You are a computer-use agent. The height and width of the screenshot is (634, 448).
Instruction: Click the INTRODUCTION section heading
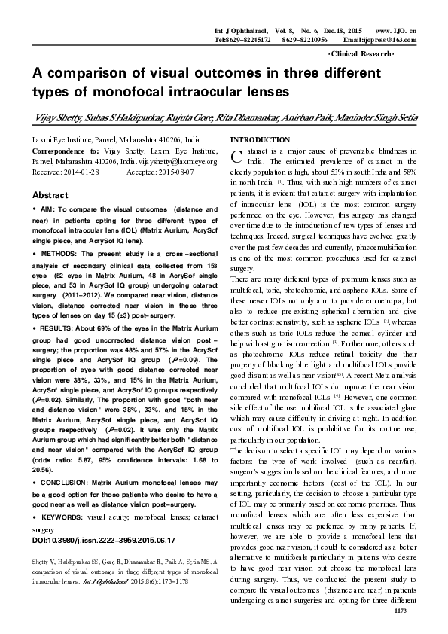(x=260, y=140)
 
